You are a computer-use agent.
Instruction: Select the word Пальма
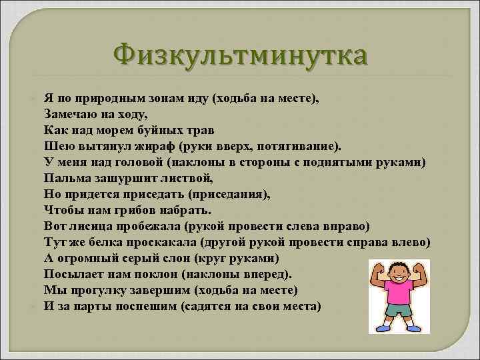tap(65, 178)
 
